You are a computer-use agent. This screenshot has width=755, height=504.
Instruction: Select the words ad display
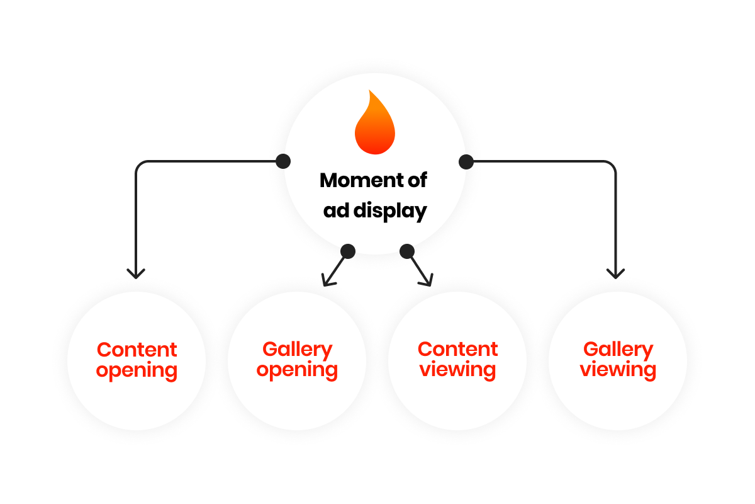tap(375, 210)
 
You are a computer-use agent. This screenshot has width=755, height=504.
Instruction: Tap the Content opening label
tap(137, 360)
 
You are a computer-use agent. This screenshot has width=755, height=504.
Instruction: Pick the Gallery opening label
tap(297, 359)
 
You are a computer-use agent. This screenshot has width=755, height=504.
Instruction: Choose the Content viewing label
tap(457, 359)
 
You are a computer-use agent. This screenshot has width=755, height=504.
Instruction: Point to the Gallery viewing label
tap(618, 359)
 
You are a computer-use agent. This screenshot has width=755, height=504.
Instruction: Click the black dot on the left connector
tap(283, 161)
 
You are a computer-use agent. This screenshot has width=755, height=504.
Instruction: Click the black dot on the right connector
tap(466, 162)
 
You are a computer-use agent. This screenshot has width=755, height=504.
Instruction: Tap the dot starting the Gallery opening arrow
tap(348, 251)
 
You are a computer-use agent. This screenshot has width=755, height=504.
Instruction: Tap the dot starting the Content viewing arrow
tap(407, 251)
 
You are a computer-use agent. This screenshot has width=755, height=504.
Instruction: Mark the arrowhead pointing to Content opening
tap(136, 274)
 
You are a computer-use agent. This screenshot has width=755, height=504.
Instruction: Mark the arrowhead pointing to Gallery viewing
tap(615, 274)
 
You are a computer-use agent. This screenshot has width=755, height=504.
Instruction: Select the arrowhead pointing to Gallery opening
tap(326, 281)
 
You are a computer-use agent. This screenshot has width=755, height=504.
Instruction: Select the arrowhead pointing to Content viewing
tap(428, 281)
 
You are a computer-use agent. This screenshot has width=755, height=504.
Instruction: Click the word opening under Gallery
tap(297, 370)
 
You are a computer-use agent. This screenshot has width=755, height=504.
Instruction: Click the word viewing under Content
tap(457, 370)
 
